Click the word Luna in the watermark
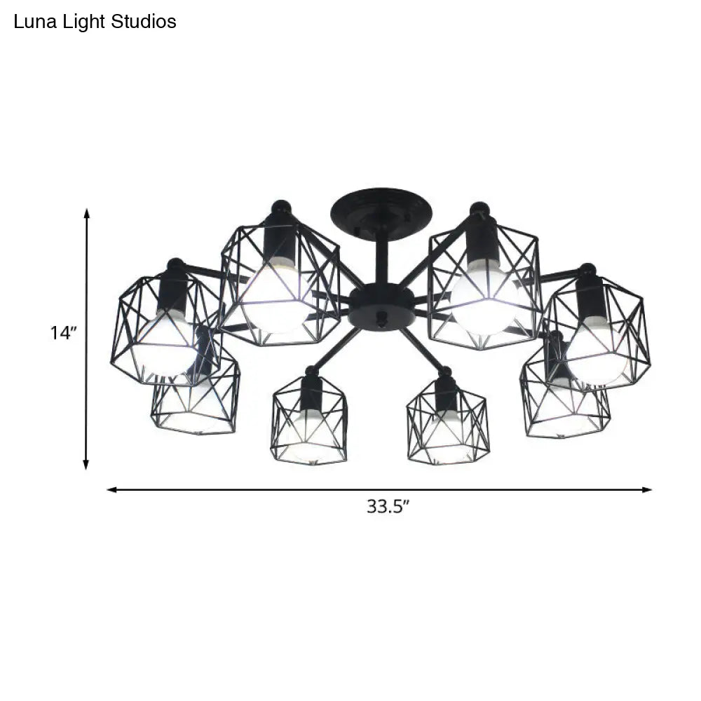pos(31,22)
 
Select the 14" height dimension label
pos(62,333)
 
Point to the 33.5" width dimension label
pos(387,506)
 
